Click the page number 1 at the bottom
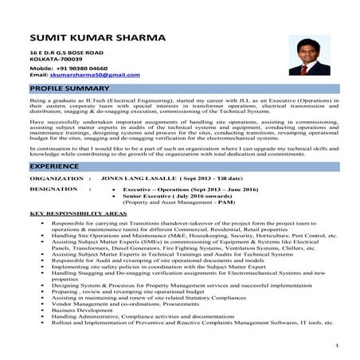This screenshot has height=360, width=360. [x=338, y=346]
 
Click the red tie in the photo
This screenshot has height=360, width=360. [x=304, y=70]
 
